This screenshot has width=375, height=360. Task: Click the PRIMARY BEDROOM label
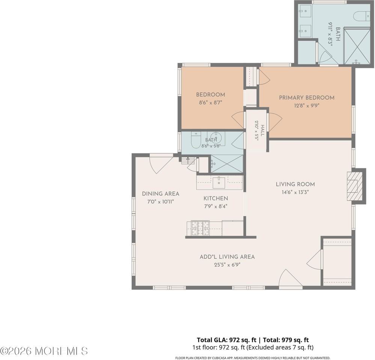coord(307,98)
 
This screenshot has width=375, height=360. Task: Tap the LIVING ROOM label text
coord(295,184)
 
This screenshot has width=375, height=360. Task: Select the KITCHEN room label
coord(216,198)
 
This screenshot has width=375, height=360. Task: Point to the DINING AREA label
coord(161,194)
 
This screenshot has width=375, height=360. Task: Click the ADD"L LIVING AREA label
coord(227,257)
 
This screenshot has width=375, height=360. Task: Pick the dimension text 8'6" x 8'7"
coord(211,103)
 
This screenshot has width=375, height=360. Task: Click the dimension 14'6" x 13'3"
coord(295,192)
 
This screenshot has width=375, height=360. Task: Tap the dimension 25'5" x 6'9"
coord(227,265)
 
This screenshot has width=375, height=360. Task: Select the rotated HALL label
coord(263,130)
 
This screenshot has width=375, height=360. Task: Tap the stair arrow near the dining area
coord(188,159)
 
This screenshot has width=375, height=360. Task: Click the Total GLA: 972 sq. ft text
coord(226,340)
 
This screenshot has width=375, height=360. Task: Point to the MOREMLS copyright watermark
coord(44,351)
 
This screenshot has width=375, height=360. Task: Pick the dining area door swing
coord(161,163)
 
